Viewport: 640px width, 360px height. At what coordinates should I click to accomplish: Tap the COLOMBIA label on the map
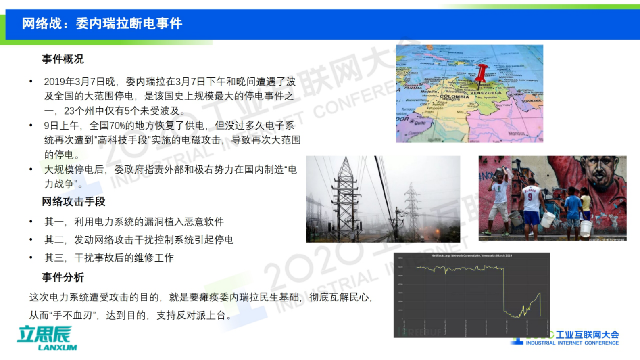click(x=454, y=97)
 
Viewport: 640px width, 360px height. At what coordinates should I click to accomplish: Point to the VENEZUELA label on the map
click(x=486, y=92)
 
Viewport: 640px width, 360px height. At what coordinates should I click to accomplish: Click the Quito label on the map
click(x=420, y=123)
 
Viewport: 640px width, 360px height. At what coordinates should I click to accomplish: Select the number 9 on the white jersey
click(x=530, y=197)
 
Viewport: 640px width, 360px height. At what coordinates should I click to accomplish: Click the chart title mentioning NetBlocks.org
click(x=471, y=255)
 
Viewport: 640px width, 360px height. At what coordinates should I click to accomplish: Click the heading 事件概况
click(x=63, y=59)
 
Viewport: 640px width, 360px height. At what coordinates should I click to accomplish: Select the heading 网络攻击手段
click(x=73, y=201)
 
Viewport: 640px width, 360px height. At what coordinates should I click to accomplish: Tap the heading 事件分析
click(x=63, y=277)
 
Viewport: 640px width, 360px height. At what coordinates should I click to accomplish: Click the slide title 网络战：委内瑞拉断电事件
click(x=102, y=24)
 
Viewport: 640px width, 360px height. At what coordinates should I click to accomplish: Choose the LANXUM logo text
click(x=57, y=347)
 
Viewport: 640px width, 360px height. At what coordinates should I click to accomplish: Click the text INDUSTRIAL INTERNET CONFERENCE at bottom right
click(x=572, y=343)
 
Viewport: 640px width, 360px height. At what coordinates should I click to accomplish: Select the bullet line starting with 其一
click(x=134, y=222)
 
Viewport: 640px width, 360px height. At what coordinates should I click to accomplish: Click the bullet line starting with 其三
click(x=109, y=257)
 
